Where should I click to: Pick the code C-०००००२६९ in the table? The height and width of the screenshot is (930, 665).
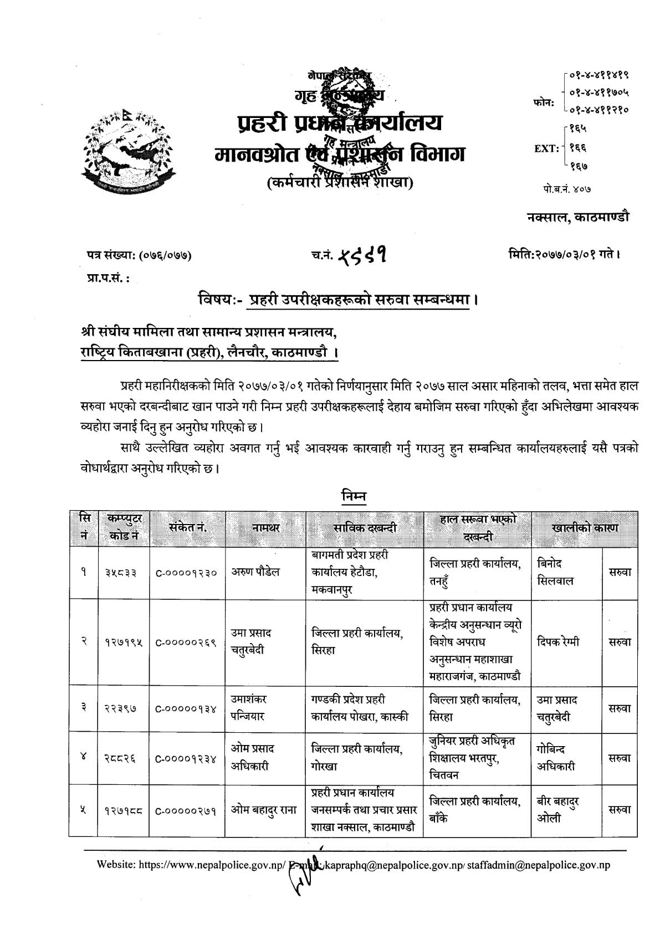pyautogui.click(x=187, y=643)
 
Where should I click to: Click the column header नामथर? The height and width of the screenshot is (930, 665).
pyautogui.click(x=265, y=528)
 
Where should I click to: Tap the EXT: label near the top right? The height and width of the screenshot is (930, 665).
pyautogui.click(x=546, y=148)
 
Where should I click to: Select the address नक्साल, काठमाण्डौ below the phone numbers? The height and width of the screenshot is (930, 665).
pyautogui.click(x=578, y=217)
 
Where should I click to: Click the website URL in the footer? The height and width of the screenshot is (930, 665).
pyautogui.click(x=191, y=865)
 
